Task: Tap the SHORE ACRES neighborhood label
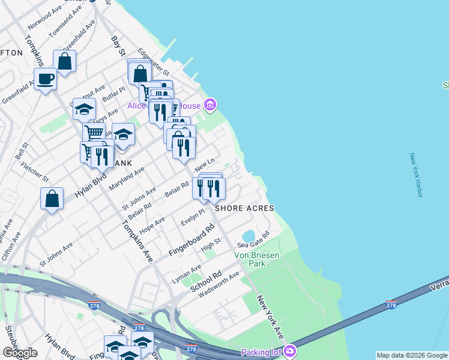tap(246, 208)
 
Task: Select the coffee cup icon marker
tap(46, 79)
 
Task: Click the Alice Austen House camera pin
tap(209, 106)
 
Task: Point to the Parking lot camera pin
tap(291, 350)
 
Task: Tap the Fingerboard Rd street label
tap(191, 241)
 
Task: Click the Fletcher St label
tap(34, 172)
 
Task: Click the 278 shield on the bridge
tap(391, 305)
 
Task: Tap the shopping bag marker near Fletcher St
tap(52, 198)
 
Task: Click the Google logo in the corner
tap(20, 353)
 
